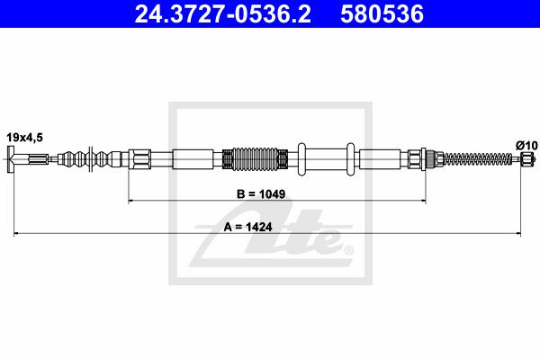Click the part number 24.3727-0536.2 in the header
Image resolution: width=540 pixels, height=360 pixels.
click(222, 14)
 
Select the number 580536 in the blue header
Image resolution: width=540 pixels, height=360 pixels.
click(382, 14)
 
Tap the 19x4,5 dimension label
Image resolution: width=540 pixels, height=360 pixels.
click(25, 138)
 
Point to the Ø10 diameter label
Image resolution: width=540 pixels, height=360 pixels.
click(526, 146)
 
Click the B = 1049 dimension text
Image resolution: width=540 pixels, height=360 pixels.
click(261, 194)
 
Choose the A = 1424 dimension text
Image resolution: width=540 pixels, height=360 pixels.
click(247, 227)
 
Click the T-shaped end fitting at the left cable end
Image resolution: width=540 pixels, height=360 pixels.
click(11, 158)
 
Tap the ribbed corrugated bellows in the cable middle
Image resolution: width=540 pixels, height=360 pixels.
click(256, 158)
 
